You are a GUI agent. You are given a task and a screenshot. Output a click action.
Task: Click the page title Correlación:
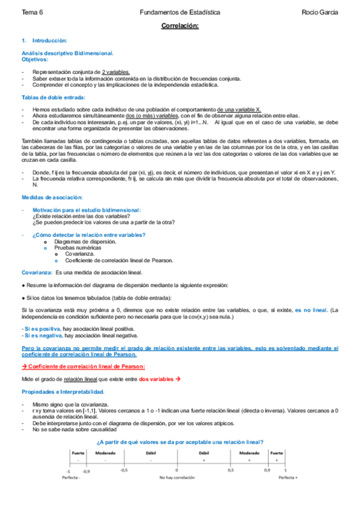[180, 26]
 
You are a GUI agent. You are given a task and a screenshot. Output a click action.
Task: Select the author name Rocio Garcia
[320, 12]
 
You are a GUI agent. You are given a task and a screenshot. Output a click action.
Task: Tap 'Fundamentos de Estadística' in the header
[179, 12]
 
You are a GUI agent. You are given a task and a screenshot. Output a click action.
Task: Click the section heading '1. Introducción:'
[44, 40]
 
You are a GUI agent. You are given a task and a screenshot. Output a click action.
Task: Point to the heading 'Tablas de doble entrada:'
[53, 97]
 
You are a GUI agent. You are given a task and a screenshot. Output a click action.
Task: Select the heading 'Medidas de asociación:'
[52, 198]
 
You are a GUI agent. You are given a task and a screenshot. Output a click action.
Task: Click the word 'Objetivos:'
[35, 60]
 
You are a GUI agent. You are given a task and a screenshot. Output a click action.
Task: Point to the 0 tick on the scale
[177, 470]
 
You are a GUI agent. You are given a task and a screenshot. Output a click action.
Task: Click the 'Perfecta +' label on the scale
[288, 478]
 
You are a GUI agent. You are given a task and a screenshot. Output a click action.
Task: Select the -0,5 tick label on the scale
[123, 470]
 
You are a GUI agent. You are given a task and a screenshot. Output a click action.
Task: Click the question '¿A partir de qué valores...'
[180, 442]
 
